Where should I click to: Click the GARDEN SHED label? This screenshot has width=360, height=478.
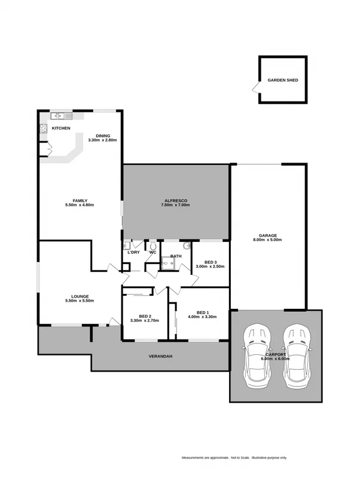pyautogui.click(x=283, y=80)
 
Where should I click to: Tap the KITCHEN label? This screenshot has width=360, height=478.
pyautogui.click(x=61, y=128)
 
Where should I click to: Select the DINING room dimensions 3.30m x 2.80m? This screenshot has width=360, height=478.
pyautogui.click(x=102, y=140)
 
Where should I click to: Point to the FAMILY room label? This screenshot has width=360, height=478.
pyautogui.click(x=80, y=200)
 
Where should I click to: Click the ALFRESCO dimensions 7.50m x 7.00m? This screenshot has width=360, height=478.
pyautogui.click(x=175, y=205)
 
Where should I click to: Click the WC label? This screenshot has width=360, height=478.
pyautogui.click(x=152, y=252)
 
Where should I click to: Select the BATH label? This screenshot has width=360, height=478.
pyautogui.click(x=176, y=256)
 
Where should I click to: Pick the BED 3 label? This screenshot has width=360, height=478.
pyautogui.click(x=210, y=262)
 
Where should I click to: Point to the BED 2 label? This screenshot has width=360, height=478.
pyautogui.click(x=144, y=316)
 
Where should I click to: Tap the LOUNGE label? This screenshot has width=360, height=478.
pyautogui.click(x=80, y=296)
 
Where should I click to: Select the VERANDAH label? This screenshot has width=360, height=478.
pyautogui.click(x=160, y=357)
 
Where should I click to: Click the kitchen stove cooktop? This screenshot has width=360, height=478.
pyautogui.click(x=43, y=128)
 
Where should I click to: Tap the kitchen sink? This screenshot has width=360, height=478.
pyautogui.click(x=60, y=116)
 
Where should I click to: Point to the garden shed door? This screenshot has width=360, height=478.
pyautogui.click(x=256, y=88)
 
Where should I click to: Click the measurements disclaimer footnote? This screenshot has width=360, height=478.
pyautogui.click(x=234, y=458)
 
